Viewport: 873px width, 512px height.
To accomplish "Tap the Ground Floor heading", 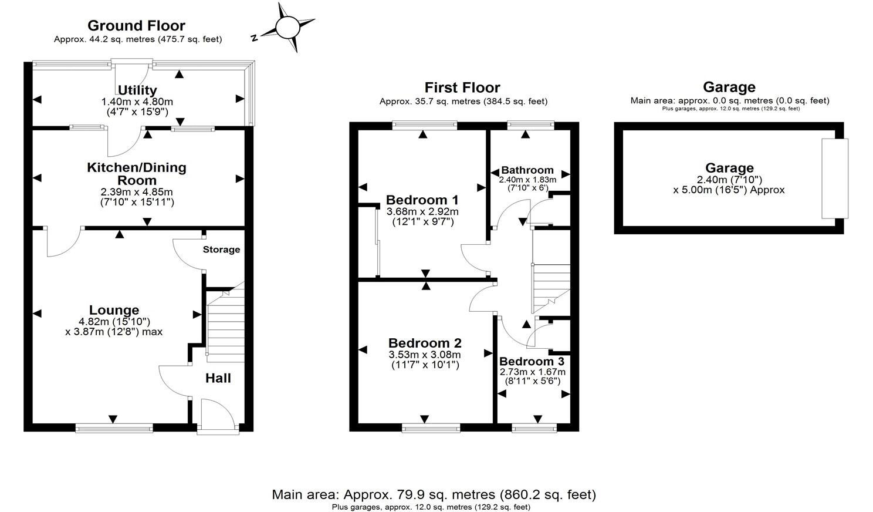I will click(x=136, y=26).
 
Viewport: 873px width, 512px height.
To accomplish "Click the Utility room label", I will click(x=137, y=90).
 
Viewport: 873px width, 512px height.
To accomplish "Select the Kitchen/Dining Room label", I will click(x=137, y=174).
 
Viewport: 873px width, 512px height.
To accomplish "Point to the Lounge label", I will click(x=114, y=310).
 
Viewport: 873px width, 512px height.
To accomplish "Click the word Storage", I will click(x=221, y=250).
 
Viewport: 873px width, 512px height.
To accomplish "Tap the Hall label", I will click(x=218, y=378).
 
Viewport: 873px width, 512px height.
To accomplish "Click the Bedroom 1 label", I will click(x=422, y=200).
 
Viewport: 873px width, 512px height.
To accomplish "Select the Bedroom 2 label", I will click(x=425, y=343).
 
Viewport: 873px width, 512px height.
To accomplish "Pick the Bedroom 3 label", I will click(x=532, y=361).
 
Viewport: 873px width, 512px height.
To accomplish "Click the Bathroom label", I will click(x=527, y=170).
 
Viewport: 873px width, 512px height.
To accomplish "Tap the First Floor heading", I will click(x=462, y=88).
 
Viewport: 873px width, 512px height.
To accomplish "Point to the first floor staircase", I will click(x=551, y=288).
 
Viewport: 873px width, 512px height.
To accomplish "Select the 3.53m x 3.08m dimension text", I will click(x=425, y=355).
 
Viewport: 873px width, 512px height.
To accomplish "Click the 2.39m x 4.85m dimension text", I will click(x=137, y=192).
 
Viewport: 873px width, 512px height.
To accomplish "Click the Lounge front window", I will click(x=114, y=428).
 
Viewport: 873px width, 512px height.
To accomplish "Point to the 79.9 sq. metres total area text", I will click(x=434, y=494).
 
